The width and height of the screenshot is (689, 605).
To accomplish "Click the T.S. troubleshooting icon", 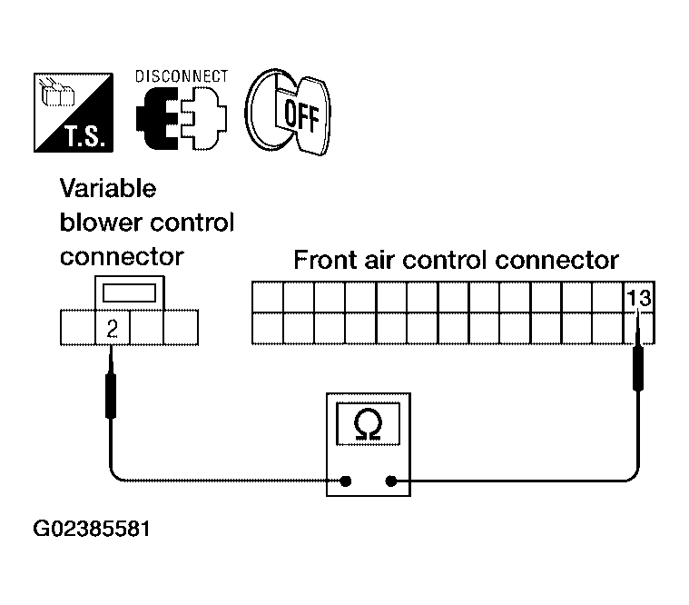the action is (x=74, y=113).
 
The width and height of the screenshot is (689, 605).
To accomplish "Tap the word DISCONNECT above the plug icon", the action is (x=182, y=76).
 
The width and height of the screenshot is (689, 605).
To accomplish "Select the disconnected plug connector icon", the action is (x=181, y=118).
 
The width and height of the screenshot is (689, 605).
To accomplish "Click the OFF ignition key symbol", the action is (x=288, y=112).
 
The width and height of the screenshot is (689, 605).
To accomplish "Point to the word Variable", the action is (x=108, y=189).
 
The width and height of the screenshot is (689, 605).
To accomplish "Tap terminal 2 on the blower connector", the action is (x=113, y=328).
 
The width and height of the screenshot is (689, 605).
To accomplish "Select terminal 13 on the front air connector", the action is (x=639, y=298).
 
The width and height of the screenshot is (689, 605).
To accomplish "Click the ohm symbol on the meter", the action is (x=368, y=425).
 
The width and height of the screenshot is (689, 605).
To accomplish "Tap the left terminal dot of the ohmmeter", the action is (x=346, y=481).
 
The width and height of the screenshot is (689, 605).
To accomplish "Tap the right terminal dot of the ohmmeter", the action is (x=390, y=481).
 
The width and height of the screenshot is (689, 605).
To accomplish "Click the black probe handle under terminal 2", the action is (x=111, y=396).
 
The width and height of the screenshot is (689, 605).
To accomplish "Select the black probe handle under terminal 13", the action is (x=638, y=368).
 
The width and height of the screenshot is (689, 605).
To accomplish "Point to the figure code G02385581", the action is (x=92, y=529).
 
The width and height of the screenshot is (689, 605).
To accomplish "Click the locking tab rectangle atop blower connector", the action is (x=129, y=293).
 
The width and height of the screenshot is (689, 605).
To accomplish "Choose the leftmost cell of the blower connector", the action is (x=78, y=328).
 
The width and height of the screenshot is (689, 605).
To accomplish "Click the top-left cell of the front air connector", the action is (x=268, y=298).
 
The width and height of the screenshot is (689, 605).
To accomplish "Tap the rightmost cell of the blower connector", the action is (x=181, y=328).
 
